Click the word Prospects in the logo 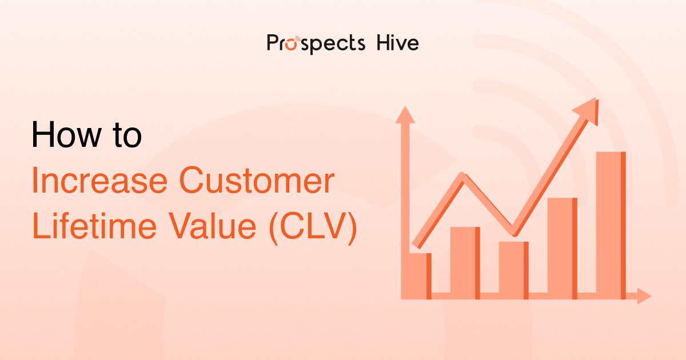(x=316, y=43)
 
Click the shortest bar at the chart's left (x=420, y=276)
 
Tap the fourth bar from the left (x=562, y=247)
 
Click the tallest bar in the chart (x=611, y=225)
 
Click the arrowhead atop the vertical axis (x=405, y=114)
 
